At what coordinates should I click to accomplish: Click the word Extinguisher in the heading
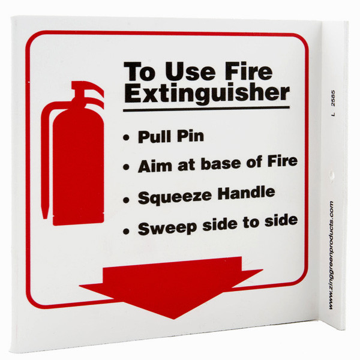(x=207, y=94)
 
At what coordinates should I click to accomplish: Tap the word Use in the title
(x=190, y=71)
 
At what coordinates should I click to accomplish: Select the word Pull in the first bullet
(x=155, y=136)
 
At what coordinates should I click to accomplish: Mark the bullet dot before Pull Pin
(x=126, y=138)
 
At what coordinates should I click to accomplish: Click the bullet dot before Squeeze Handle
(x=126, y=200)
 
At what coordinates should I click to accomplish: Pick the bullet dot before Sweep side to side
(x=126, y=231)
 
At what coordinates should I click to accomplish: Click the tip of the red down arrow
(x=174, y=319)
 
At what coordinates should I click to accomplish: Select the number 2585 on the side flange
(x=334, y=98)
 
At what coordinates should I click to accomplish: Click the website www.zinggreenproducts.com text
(x=331, y=255)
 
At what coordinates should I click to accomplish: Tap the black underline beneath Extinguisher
(x=206, y=109)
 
